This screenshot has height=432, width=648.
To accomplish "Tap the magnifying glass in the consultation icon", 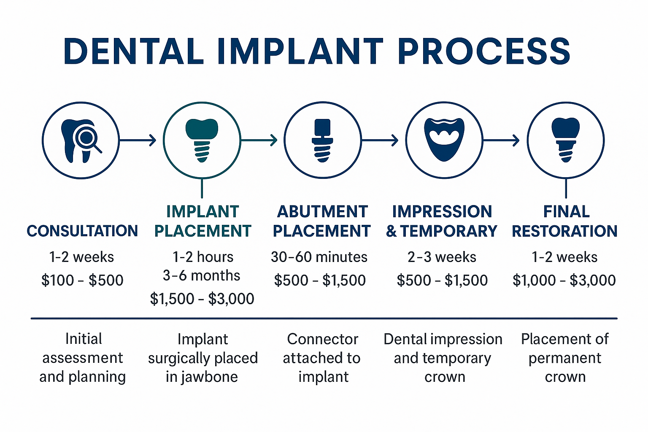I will [x=87, y=138].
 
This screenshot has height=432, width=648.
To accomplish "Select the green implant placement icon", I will [x=202, y=140].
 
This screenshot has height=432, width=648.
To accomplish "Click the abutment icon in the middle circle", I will [x=322, y=140].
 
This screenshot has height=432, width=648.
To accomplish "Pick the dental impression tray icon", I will [x=444, y=139].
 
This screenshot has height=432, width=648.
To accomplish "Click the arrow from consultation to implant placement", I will [x=138, y=140].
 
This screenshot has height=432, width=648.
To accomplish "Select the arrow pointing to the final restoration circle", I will [x=502, y=140].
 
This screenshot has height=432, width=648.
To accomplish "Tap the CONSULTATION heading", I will [x=82, y=231].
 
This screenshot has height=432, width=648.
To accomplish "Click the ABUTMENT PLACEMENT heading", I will [x=322, y=221].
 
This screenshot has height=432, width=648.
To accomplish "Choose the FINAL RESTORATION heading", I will [x=565, y=221].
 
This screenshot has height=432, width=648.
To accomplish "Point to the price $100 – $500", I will [x=82, y=280].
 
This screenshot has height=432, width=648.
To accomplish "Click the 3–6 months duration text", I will [x=202, y=275].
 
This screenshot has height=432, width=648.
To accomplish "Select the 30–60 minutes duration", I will [x=319, y=257].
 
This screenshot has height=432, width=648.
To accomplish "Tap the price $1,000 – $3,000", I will [x=564, y=280].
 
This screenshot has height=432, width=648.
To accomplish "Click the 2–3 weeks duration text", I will [x=442, y=257].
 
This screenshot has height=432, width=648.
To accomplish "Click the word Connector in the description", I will [x=323, y=339].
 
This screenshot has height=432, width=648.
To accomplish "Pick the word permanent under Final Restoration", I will [x=565, y=358].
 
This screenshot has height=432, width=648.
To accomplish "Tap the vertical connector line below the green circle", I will [x=202, y=188].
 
